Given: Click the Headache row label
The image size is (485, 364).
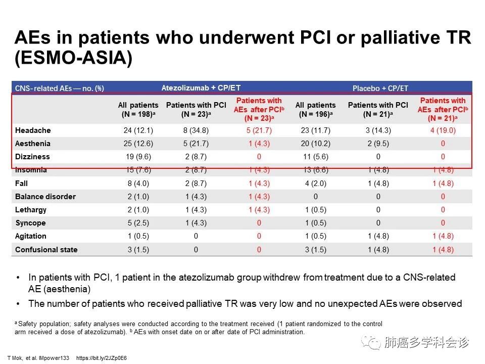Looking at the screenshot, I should [x=33, y=130].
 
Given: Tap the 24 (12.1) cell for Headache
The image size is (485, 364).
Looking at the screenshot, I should [x=138, y=130].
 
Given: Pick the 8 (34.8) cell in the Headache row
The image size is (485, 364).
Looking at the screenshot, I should [x=196, y=130].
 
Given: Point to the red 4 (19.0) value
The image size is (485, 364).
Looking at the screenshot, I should [x=443, y=130].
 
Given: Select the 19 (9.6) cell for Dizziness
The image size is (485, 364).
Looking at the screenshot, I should [x=138, y=157].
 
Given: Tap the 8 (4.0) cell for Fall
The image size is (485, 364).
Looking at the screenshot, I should [x=138, y=183].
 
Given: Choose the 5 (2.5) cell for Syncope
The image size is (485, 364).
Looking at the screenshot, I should [x=138, y=223].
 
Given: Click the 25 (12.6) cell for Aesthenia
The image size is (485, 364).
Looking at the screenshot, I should [x=138, y=144].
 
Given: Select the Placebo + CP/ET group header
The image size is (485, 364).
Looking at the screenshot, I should [x=380, y=88].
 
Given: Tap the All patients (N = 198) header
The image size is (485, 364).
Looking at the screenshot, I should [x=138, y=110].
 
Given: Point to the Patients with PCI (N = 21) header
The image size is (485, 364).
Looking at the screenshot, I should [x=377, y=110].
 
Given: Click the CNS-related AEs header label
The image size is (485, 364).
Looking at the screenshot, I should [x=60, y=88].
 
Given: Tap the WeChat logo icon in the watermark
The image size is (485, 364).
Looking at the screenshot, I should [x=374, y=343].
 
